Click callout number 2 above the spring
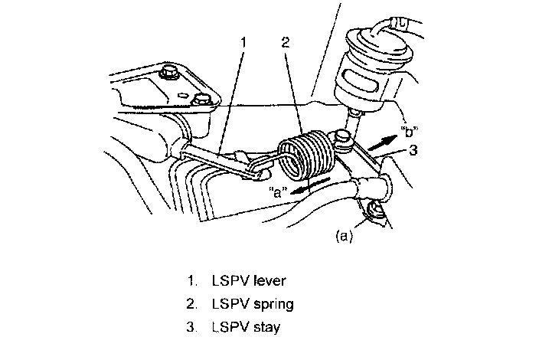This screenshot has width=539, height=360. [x=284, y=42]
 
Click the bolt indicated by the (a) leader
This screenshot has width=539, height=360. [x=376, y=211]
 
